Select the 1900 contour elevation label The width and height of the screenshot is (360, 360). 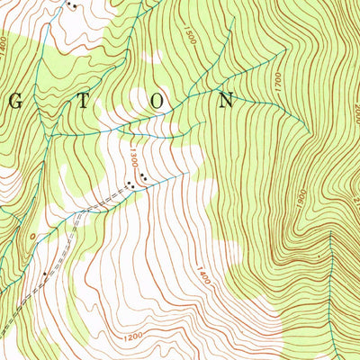301,195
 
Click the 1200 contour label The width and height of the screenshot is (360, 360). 133,337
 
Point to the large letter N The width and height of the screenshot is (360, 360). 226,101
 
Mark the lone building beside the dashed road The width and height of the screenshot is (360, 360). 43,272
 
